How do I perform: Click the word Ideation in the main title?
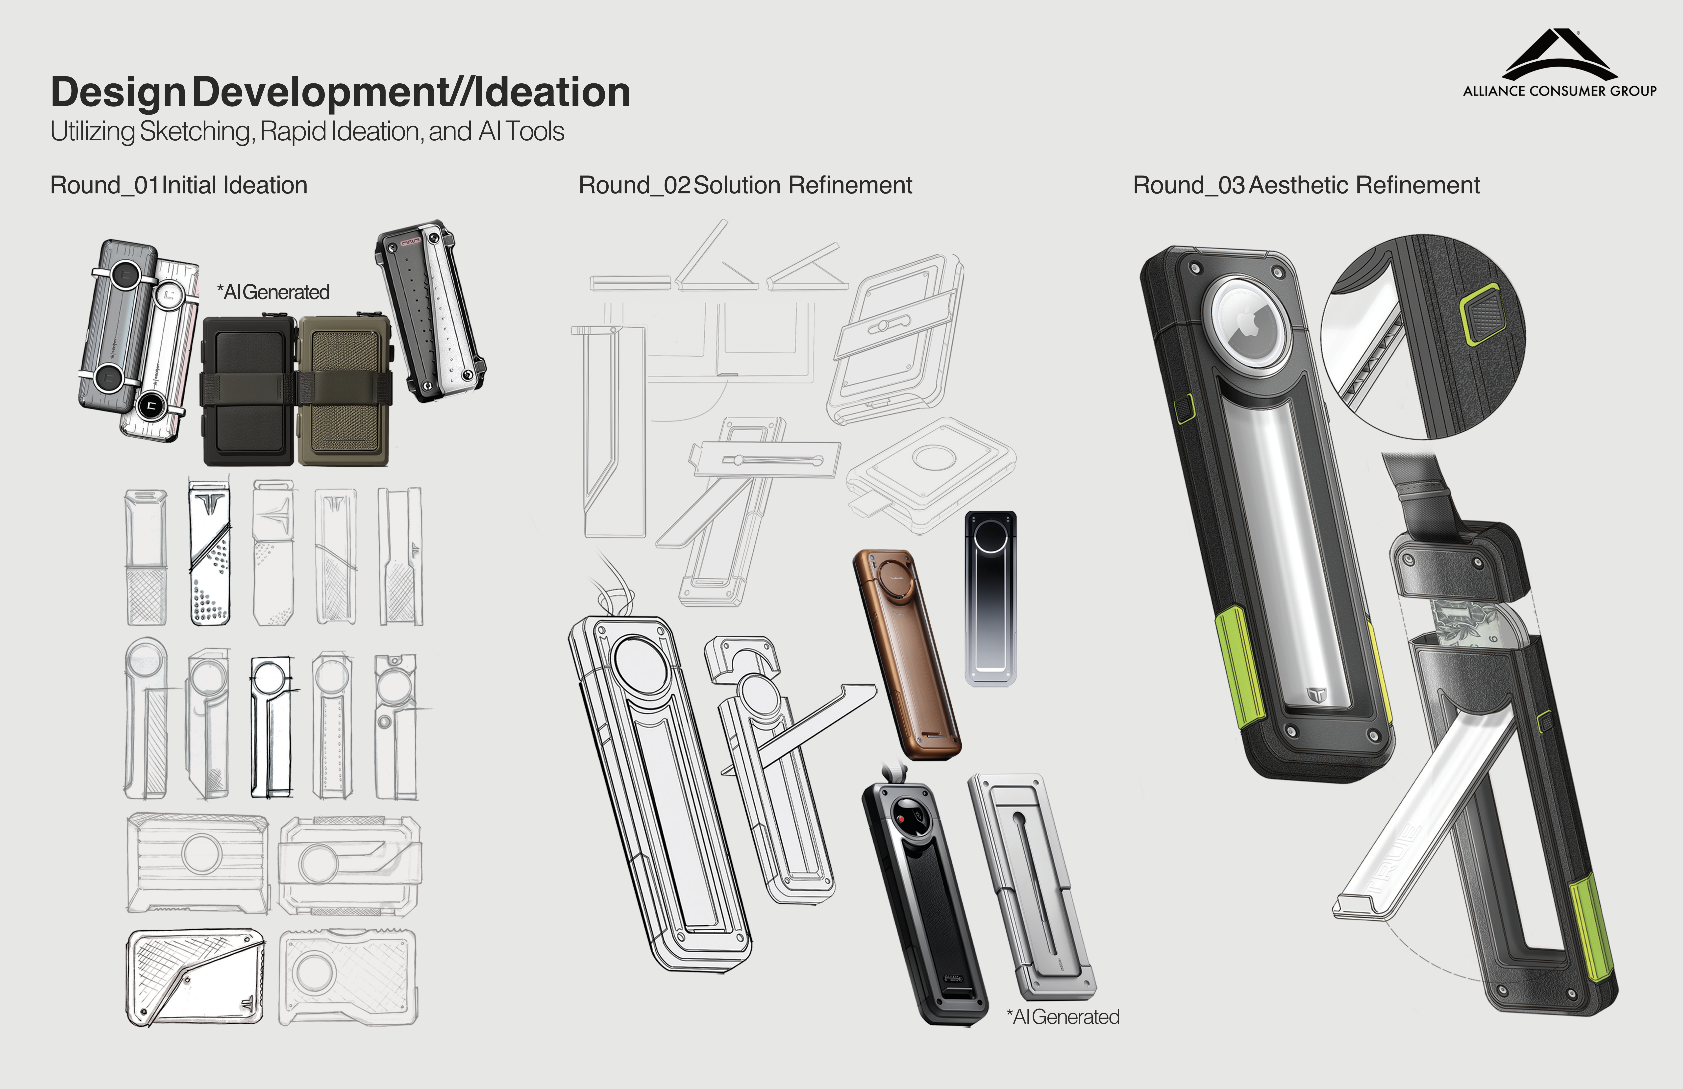[x=552, y=92]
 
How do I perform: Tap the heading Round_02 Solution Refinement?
[x=745, y=185]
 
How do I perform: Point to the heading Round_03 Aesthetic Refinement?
[x=1306, y=185]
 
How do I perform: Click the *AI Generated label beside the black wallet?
[x=273, y=292]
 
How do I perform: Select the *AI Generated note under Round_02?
[x=1063, y=1017]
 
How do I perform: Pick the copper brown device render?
[x=907, y=654]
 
